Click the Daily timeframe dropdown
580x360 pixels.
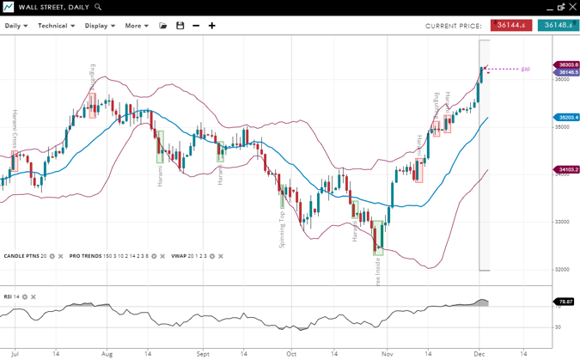(16, 26)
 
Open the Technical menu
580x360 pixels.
(56, 26)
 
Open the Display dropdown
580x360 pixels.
(100, 26)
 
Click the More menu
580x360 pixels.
(136, 26)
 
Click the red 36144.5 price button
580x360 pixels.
(511, 26)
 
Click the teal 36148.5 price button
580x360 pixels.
(558, 26)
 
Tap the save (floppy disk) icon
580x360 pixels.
(180, 26)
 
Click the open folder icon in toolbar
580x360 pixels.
(163, 26)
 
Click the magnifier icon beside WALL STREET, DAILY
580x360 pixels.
(98, 7)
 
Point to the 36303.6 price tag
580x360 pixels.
(568, 64)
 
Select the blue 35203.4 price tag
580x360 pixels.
(568, 117)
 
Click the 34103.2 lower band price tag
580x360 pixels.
(568, 169)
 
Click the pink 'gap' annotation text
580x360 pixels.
(525, 69)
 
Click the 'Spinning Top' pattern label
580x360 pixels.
(282, 227)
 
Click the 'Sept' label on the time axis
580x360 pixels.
(203, 353)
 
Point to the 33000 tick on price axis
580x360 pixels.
(563, 222)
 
